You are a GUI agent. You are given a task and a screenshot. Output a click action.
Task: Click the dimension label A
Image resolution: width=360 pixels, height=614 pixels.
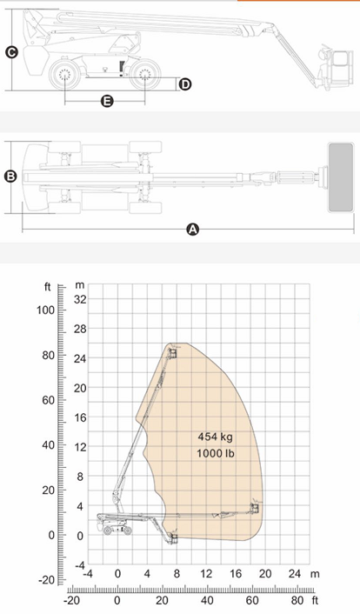[192, 229]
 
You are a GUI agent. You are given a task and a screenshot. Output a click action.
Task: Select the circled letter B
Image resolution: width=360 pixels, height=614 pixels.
[10, 177]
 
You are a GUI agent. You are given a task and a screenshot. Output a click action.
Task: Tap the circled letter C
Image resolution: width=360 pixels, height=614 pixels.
[11, 52]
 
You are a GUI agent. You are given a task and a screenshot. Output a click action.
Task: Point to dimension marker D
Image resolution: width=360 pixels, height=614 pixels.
[185, 84]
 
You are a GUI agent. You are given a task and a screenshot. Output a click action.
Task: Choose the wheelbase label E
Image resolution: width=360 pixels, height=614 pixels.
[107, 102]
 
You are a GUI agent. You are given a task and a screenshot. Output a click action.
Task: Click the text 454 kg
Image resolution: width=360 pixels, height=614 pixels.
[215, 437]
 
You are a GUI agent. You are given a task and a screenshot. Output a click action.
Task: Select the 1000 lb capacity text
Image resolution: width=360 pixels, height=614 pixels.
[215, 453]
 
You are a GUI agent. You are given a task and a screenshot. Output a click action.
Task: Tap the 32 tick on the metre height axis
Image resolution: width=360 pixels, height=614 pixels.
[80, 299]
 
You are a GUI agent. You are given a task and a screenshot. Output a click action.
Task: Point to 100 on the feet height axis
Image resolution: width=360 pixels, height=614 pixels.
[45, 310]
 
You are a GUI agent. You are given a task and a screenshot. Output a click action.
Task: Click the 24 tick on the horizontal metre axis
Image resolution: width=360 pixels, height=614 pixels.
[295, 574]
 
